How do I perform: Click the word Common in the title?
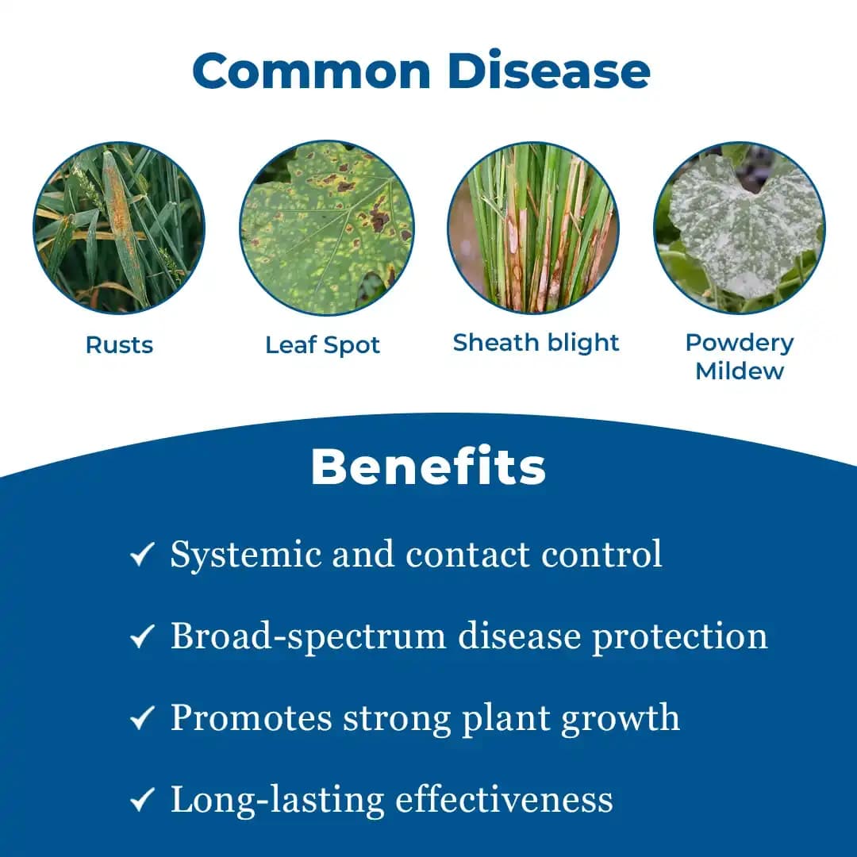coord(311,71)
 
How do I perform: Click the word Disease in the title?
coord(548,71)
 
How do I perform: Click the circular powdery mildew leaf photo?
coord(740,227)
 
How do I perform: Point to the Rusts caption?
coord(119,345)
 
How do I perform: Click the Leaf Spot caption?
coord(322,345)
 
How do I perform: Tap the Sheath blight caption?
coord(536,343)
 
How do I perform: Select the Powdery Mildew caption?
coord(740,356)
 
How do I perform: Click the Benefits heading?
coord(428,467)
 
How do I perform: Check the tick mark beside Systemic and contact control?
coord(141,555)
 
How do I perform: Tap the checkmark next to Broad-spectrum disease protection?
coord(141,637)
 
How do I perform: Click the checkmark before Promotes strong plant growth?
coord(141,719)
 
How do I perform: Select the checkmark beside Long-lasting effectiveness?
coord(141,801)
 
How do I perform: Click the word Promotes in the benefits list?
coord(251,718)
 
